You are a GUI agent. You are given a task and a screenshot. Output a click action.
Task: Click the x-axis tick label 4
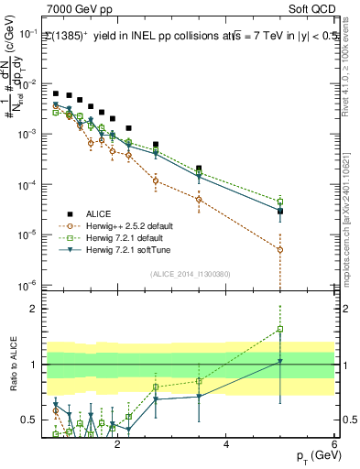click(x=226, y=446)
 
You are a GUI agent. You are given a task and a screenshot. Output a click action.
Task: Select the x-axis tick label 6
click(x=334, y=446)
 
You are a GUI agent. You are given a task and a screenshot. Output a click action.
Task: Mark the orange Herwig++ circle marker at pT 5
click(x=280, y=249)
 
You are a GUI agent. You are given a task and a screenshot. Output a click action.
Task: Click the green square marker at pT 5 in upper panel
click(x=280, y=202)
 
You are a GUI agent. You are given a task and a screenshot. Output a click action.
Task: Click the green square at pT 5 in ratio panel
click(x=280, y=329)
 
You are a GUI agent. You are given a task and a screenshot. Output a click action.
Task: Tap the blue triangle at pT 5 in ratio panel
click(x=280, y=362)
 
